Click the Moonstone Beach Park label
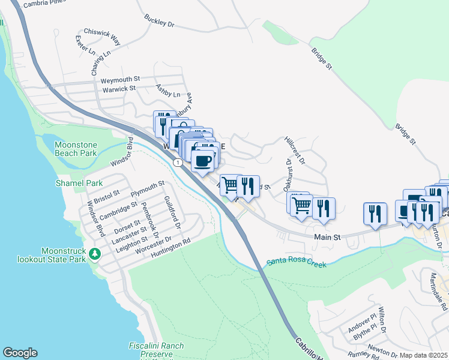tap(76, 149)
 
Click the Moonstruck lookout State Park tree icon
tap(94, 254)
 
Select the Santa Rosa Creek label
tap(297, 263)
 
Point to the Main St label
tap(328, 238)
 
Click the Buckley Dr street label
tap(159, 21)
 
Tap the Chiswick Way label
tap(102, 37)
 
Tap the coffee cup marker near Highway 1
tap(203, 160)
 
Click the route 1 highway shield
tap(178, 163)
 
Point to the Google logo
tap(20, 353)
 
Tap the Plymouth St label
tap(148, 188)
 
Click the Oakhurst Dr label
tap(288, 170)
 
